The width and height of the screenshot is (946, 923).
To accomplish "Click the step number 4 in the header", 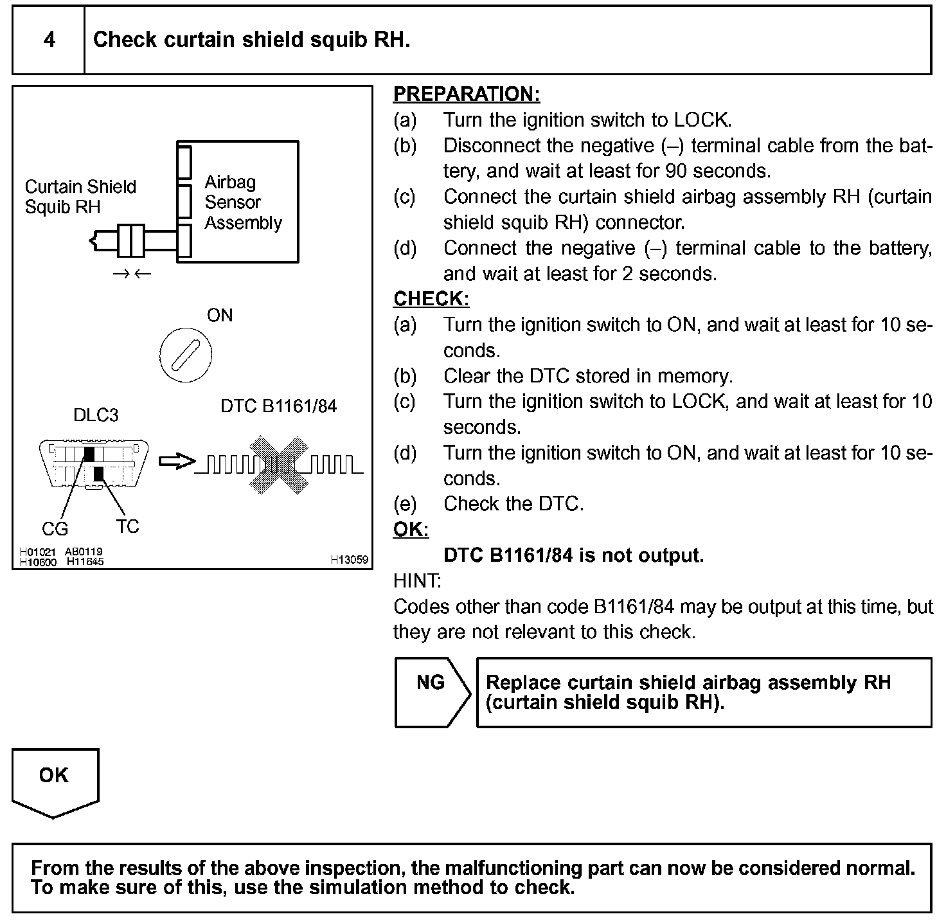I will click(x=49, y=40).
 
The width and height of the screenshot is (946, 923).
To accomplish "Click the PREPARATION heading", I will click(x=467, y=94).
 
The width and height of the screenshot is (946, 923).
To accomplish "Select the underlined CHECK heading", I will click(x=431, y=299).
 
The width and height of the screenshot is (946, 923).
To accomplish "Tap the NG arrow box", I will click(x=431, y=692).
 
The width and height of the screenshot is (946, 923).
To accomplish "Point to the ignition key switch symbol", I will click(x=185, y=355).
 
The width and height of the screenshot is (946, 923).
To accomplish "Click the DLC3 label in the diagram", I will click(x=96, y=415).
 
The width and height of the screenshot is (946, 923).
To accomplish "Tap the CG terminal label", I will click(x=55, y=529).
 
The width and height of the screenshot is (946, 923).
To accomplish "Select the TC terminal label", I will click(x=128, y=526).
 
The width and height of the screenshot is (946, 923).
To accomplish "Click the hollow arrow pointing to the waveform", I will click(x=176, y=461).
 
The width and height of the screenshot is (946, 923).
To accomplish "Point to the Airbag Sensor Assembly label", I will click(x=243, y=202).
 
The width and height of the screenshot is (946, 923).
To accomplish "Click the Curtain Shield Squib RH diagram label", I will click(x=80, y=197).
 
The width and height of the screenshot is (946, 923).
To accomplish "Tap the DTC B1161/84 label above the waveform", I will click(x=278, y=406).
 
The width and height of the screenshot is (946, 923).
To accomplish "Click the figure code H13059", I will click(x=350, y=560).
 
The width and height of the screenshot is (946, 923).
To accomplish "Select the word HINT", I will click(x=417, y=581).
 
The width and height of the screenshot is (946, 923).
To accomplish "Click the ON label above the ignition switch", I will click(x=220, y=316).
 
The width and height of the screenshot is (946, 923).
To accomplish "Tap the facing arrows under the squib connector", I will click(x=132, y=274).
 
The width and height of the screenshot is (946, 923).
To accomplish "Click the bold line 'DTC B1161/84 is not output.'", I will click(x=573, y=555).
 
